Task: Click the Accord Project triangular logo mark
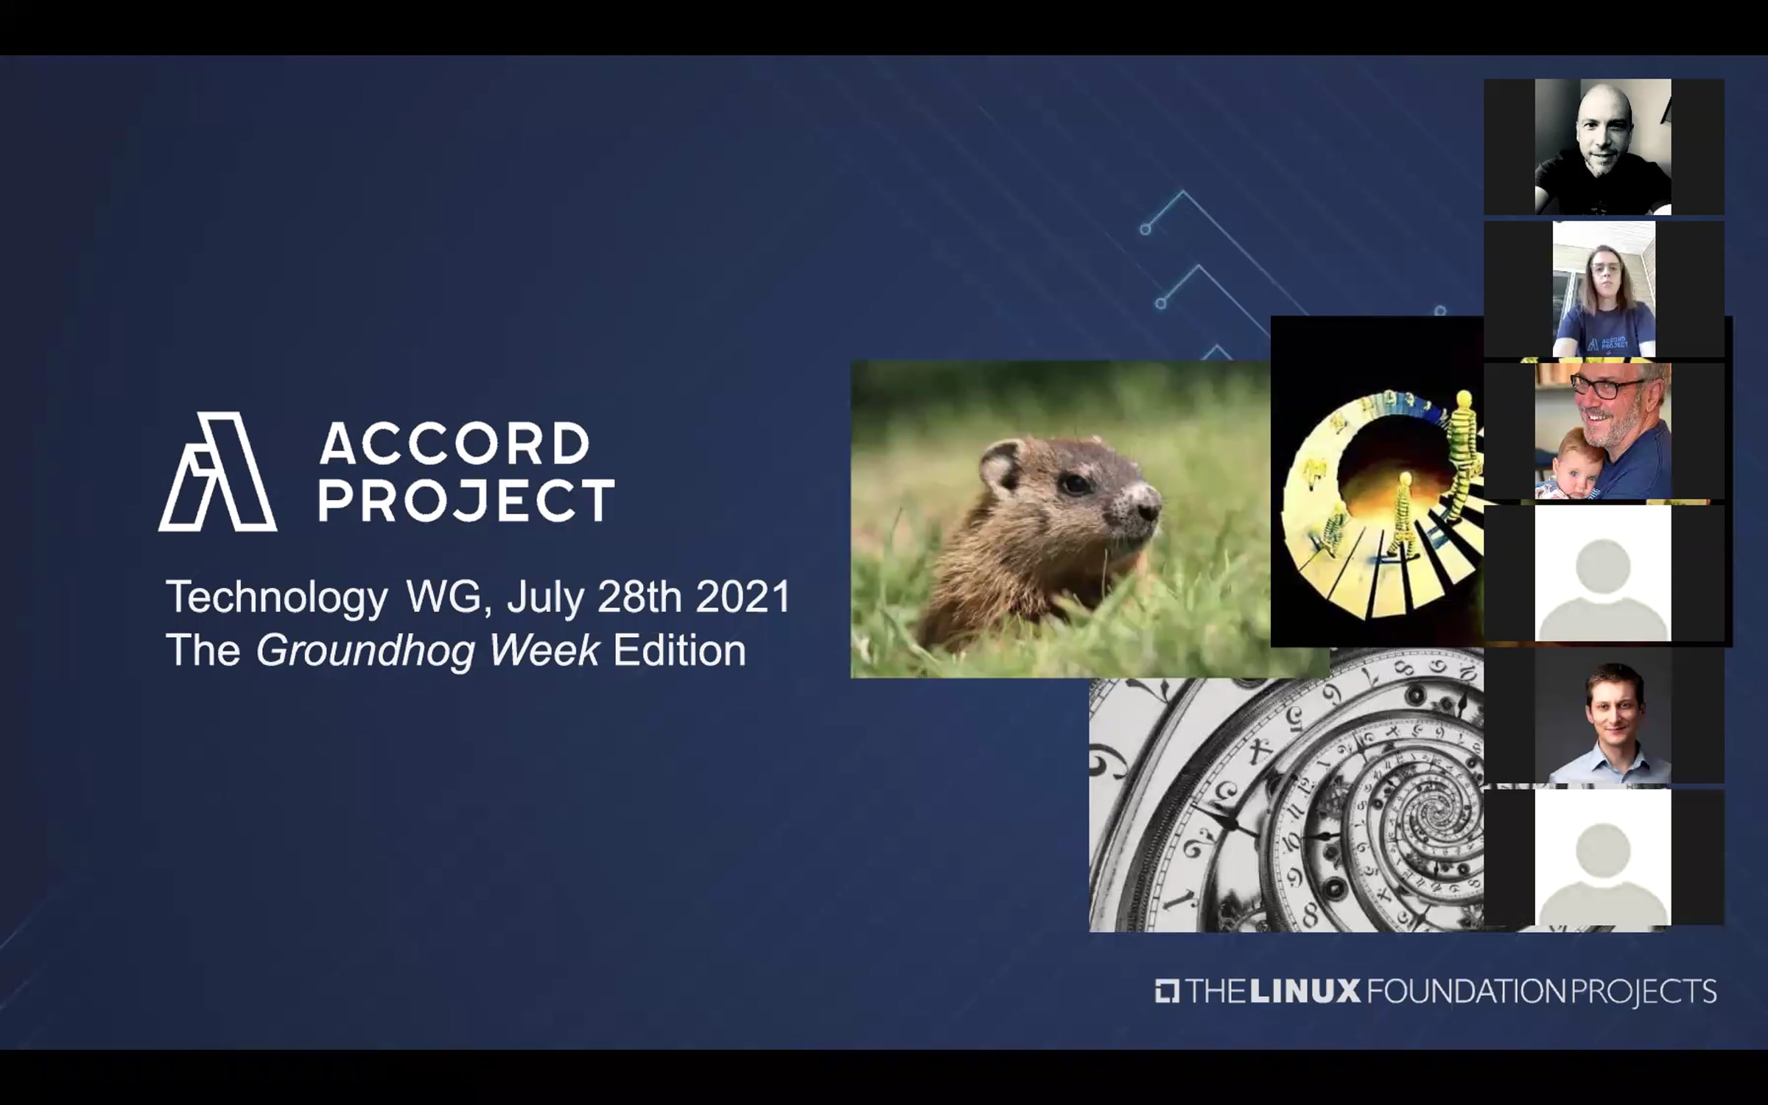[x=218, y=471]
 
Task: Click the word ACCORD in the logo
[x=455, y=443]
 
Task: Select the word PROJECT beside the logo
[x=466, y=500]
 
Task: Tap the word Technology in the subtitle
[x=276, y=597]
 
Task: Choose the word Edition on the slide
[x=679, y=650]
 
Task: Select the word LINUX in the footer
[x=1305, y=991]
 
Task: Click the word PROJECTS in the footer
[x=1644, y=992]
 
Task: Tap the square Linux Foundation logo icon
[x=1168, y=991]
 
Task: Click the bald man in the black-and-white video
[x=1603, y=147]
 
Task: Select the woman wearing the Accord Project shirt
[x=1604, y=302]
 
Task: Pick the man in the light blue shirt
[x=1611, y=726]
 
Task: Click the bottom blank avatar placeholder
[x=1603, y=858]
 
